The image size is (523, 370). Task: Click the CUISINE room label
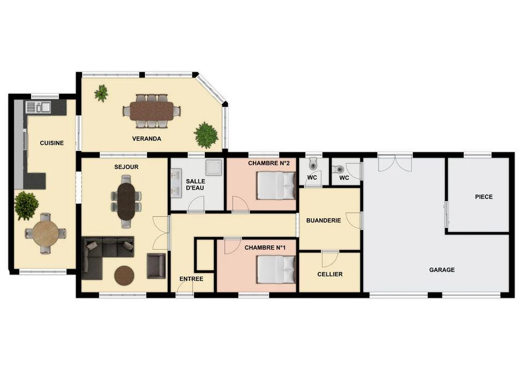tap(52, 143)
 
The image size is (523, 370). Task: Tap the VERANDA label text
tap(147, 138)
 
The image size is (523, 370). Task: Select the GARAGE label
tap(442, 270)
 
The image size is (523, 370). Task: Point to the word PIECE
tap(484, 197)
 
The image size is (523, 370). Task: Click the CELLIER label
tap(330, 274)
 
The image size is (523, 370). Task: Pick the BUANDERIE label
tap(324, 221)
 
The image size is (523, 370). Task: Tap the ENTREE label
tap(191, 279)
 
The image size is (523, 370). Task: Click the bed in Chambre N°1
tap(277, 270)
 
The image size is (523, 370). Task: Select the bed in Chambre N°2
tap(277, 185)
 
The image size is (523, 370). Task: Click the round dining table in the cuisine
tap(45, 233)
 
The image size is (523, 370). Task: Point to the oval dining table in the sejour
tap(126, 201)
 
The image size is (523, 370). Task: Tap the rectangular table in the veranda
tap(151, 111)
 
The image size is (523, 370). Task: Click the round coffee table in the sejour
tap(124, 276)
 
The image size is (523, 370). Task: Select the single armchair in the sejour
tap(156, 266)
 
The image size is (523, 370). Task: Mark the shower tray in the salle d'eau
tap(214, 167)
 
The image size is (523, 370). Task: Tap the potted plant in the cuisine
tap(26, 205)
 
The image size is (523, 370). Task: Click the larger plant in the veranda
tap(206, 135)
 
